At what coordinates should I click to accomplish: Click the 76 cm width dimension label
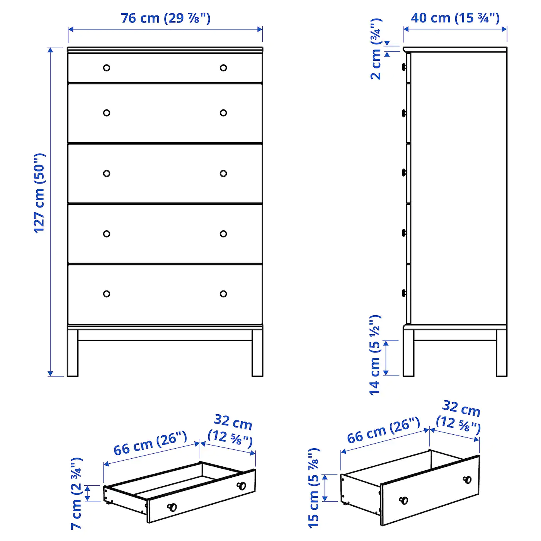coord(166,19)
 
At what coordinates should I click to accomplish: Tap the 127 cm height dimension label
coord(39,194)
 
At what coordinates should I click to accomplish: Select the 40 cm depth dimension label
coord(455,18)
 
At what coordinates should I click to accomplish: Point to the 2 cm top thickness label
coord(376,49)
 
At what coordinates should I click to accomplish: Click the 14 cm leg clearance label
coord(375,355)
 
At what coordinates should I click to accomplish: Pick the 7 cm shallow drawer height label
coord(77,493)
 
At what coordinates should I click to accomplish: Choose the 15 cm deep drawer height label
coord(314,488)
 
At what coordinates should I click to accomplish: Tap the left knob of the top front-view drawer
coord(106,68)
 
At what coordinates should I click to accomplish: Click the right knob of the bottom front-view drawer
coord(223,294)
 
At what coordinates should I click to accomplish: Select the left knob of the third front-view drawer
coord(106,174)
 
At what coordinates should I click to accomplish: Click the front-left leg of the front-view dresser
coord(73,353)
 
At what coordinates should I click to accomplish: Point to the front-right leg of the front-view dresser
coord(257,353)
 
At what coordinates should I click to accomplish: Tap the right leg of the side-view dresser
coord(502,353)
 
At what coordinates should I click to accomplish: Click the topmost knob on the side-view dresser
coord(404,67)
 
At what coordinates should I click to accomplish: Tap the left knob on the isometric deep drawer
coord(404,500)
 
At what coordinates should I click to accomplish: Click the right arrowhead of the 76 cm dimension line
coord(260,29)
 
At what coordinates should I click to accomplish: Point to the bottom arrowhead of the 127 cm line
coord(50,373)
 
